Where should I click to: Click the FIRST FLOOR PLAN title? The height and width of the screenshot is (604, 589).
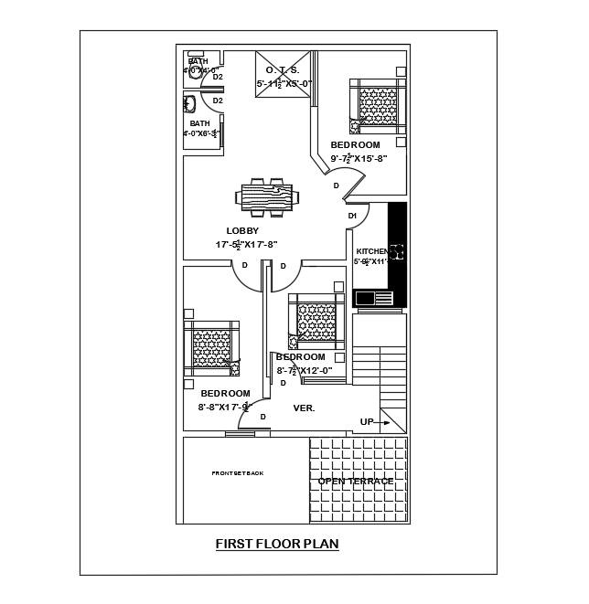pyautogui.click(x=277, y=545)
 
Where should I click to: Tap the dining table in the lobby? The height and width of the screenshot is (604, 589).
pyautogui.click(x=266, y=197)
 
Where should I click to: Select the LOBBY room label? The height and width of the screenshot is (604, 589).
pyautogui.click(x=242, y=231)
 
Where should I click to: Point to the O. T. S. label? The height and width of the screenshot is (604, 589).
pyautogui.click(x=284, y=70)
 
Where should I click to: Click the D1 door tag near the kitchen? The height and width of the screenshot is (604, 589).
pyautogui.click(x=353, y=216)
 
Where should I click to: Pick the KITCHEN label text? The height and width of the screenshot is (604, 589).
pyautogui.click(x=371, y=251)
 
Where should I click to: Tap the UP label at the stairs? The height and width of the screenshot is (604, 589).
pyautogui.click(x=367, y=422)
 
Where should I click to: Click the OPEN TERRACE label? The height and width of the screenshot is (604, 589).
pyautogui.click(x=356, y=481)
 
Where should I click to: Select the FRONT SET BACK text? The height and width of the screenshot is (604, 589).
pyautogui.click(x=237, y=473)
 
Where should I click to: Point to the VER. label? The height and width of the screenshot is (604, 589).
pyautogui.click(x=304, y=408)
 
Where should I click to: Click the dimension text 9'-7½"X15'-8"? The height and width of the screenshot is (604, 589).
pyautogui.click(x=359, y=158)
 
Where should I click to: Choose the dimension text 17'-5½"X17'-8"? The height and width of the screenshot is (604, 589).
pyautogui.click(x=246, y=245)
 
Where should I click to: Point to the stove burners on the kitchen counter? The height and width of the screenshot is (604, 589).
pyautogui.click(x=398, y=253)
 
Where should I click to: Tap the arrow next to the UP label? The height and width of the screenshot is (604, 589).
pyautogui.click(x=386, y=422)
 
